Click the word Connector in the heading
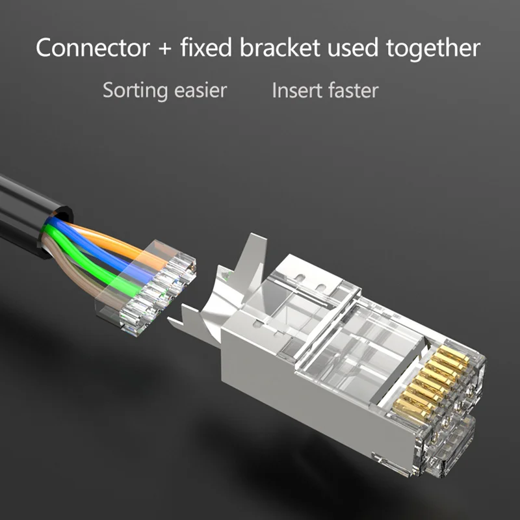click(x=91, y=47)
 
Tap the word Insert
click(x=296, y=90)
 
